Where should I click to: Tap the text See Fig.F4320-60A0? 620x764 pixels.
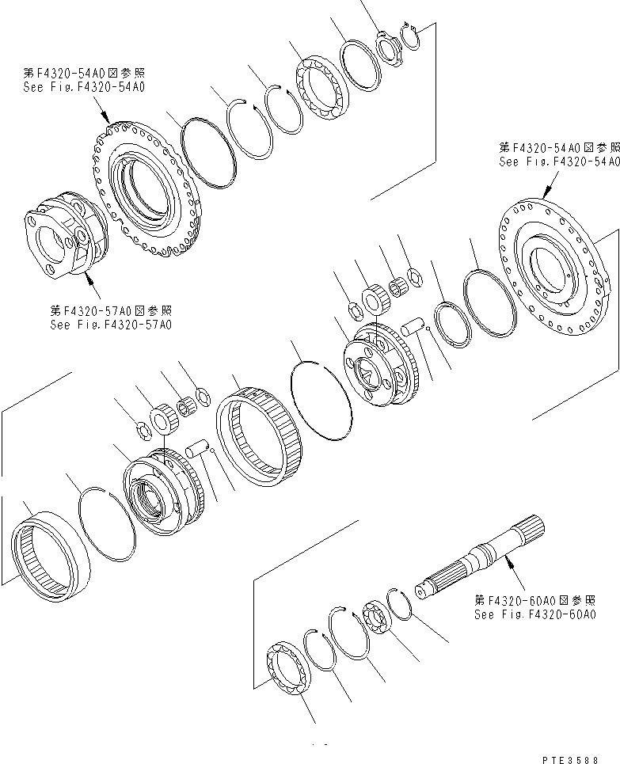click(x=534, y=614)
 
